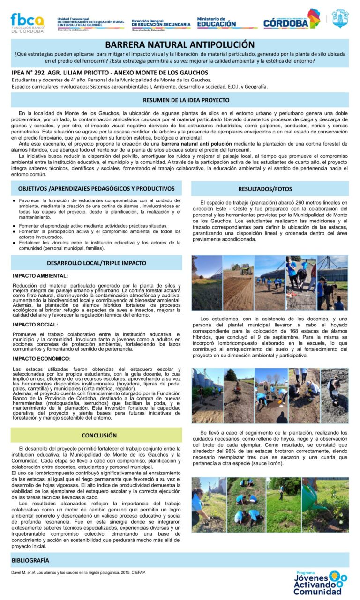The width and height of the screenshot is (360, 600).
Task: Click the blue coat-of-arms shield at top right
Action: pyautogui.click(x=340, y=19)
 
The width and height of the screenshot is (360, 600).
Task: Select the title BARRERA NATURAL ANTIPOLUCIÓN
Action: pyautogui.click(x=180, y=45)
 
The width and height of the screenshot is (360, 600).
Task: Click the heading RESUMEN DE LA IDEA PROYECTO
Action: pyautogui.click(x=180, y=100)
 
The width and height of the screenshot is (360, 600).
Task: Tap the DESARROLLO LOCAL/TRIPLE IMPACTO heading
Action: pyautogui.click(x=97, y=263)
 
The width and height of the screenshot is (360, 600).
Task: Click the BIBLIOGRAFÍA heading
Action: pyautogui.click(x=30, y=560)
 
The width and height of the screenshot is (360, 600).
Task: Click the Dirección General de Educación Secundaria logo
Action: pyautogui.click(x=161, y=24)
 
